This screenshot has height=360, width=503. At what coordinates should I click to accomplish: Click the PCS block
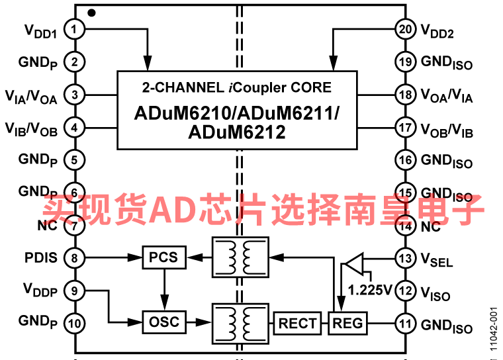coord(163,257)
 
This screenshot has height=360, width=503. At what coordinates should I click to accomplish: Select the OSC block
coord(163,322)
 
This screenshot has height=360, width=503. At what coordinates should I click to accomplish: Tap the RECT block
coord(297,323)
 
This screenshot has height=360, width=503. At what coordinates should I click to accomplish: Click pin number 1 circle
coord(75,30)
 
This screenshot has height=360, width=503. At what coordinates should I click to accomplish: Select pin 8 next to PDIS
coord(75,257)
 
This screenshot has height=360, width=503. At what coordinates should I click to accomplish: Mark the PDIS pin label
coord(41,257)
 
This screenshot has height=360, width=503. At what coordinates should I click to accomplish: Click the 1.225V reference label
coord(370,289)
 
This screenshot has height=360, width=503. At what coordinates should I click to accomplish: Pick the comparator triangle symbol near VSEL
coord(353,264)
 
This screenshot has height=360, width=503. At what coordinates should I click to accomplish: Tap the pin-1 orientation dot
coord(91,12)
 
